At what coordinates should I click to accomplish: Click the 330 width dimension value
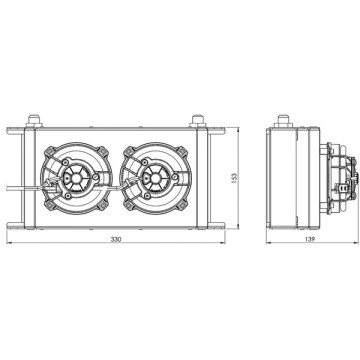tap(116, 239)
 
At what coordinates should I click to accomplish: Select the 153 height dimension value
tap(234, 178)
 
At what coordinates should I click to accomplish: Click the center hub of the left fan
tap(76, 178)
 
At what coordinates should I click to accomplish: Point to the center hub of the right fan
tap(155, 178)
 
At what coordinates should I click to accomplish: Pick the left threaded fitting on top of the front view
tap(34, 120)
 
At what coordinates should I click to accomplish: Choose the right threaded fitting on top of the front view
tap(197, 120)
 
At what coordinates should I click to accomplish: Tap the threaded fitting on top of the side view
tap(283, 121)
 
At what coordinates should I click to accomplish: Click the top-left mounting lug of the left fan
tap(50, 151)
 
